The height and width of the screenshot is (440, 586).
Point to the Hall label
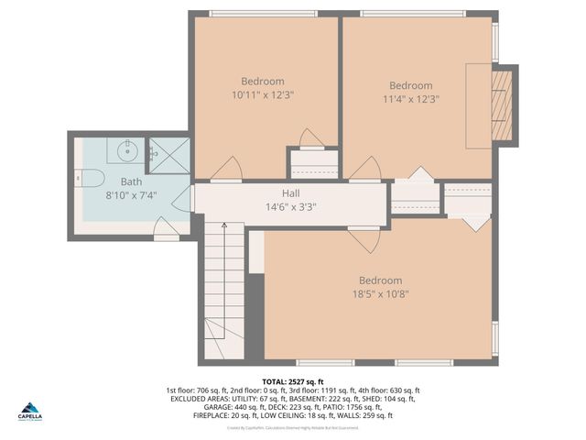tap(290, 193)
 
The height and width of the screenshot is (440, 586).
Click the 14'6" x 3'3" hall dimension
tap(290, 207)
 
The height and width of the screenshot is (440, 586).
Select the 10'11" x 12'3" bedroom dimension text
tap(263, 94)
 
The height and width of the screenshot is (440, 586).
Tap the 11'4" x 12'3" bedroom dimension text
tap(410, 99)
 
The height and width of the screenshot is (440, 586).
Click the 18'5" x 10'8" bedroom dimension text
tap(380, 294)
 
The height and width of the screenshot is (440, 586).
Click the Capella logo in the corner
tap(31, 411)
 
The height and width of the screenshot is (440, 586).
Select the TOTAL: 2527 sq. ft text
tap(292, 381)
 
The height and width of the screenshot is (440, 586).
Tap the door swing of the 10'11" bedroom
tap(226, 169)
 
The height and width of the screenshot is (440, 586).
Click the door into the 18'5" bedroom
tap(364, 240)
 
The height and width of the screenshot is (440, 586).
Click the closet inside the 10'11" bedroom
tap(314, 162)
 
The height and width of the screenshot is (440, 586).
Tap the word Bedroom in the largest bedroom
tap(380, 280)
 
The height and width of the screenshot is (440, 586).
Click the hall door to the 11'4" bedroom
tap(365, 169)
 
